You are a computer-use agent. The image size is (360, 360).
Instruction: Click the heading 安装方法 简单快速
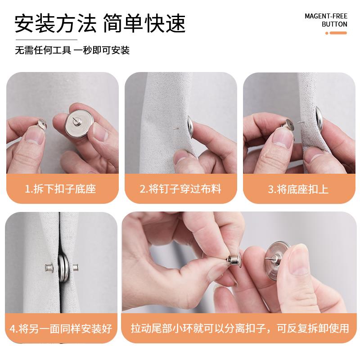pyautogui.click(x=100, y=23)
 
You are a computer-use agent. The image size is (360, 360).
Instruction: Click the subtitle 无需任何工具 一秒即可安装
pyautogui.click(x=72, y=50)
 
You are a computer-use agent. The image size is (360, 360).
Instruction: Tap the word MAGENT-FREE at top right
pyautogui.click(x=326, y=16)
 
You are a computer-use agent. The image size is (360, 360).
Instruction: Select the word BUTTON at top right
pyautogui.click(x=334, y=24)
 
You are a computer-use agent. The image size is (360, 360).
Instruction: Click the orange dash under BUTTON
pyautogui.click(x=338, y=33)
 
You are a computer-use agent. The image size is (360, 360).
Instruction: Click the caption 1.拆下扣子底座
pyautogui.click(x=60, y=189)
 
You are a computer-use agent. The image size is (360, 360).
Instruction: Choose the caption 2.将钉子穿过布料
pyautogui.click(x=180, y=189)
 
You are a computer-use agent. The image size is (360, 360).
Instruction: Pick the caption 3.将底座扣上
pyautogui.click(x=298, y=189)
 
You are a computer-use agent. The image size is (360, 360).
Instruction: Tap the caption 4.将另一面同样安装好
pyautogui.click(x=61, y=328)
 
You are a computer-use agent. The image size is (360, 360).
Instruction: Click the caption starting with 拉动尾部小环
pyautogui.click(x=240, y=328)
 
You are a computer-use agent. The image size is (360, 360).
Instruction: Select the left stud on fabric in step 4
pyautogui.click(x=49, y=267)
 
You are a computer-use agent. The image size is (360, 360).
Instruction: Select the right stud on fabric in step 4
pyautogui.click(x=76, y=267)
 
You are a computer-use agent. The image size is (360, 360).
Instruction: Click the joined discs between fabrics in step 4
pyautogui.click(x=62, y=267)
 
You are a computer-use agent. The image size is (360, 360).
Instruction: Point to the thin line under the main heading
pyautogui.click(x=46, y=40)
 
